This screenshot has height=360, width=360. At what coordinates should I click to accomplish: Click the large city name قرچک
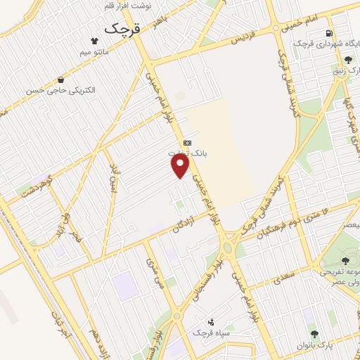tap(122, 29)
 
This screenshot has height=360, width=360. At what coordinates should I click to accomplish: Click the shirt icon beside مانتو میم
tap(94, 41)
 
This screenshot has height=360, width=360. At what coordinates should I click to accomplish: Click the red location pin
tap(181, 165)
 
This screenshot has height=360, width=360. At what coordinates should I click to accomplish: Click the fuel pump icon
tap(328, 34)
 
